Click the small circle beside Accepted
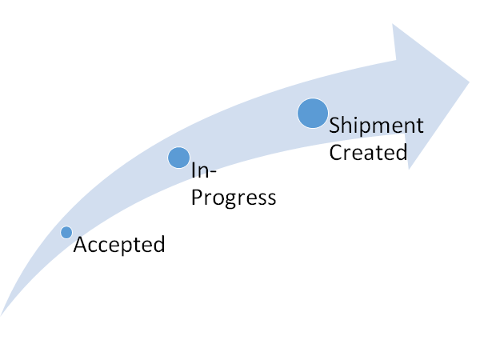point(66,233)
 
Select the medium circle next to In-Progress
point(179,158)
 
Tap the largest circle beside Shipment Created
point(313,113)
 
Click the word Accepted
point(119,245)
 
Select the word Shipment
point(376,127)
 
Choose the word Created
point(369,152)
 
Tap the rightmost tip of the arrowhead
point(469,80)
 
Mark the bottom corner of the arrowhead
point(409,169)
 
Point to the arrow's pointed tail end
point(2,314)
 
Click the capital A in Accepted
point(80,245)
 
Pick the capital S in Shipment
point(335,126)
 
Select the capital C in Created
point(336,152)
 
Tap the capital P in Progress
point(196,196)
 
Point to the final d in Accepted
point(158,244)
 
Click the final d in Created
point(401,151)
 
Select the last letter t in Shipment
point(419,126)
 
